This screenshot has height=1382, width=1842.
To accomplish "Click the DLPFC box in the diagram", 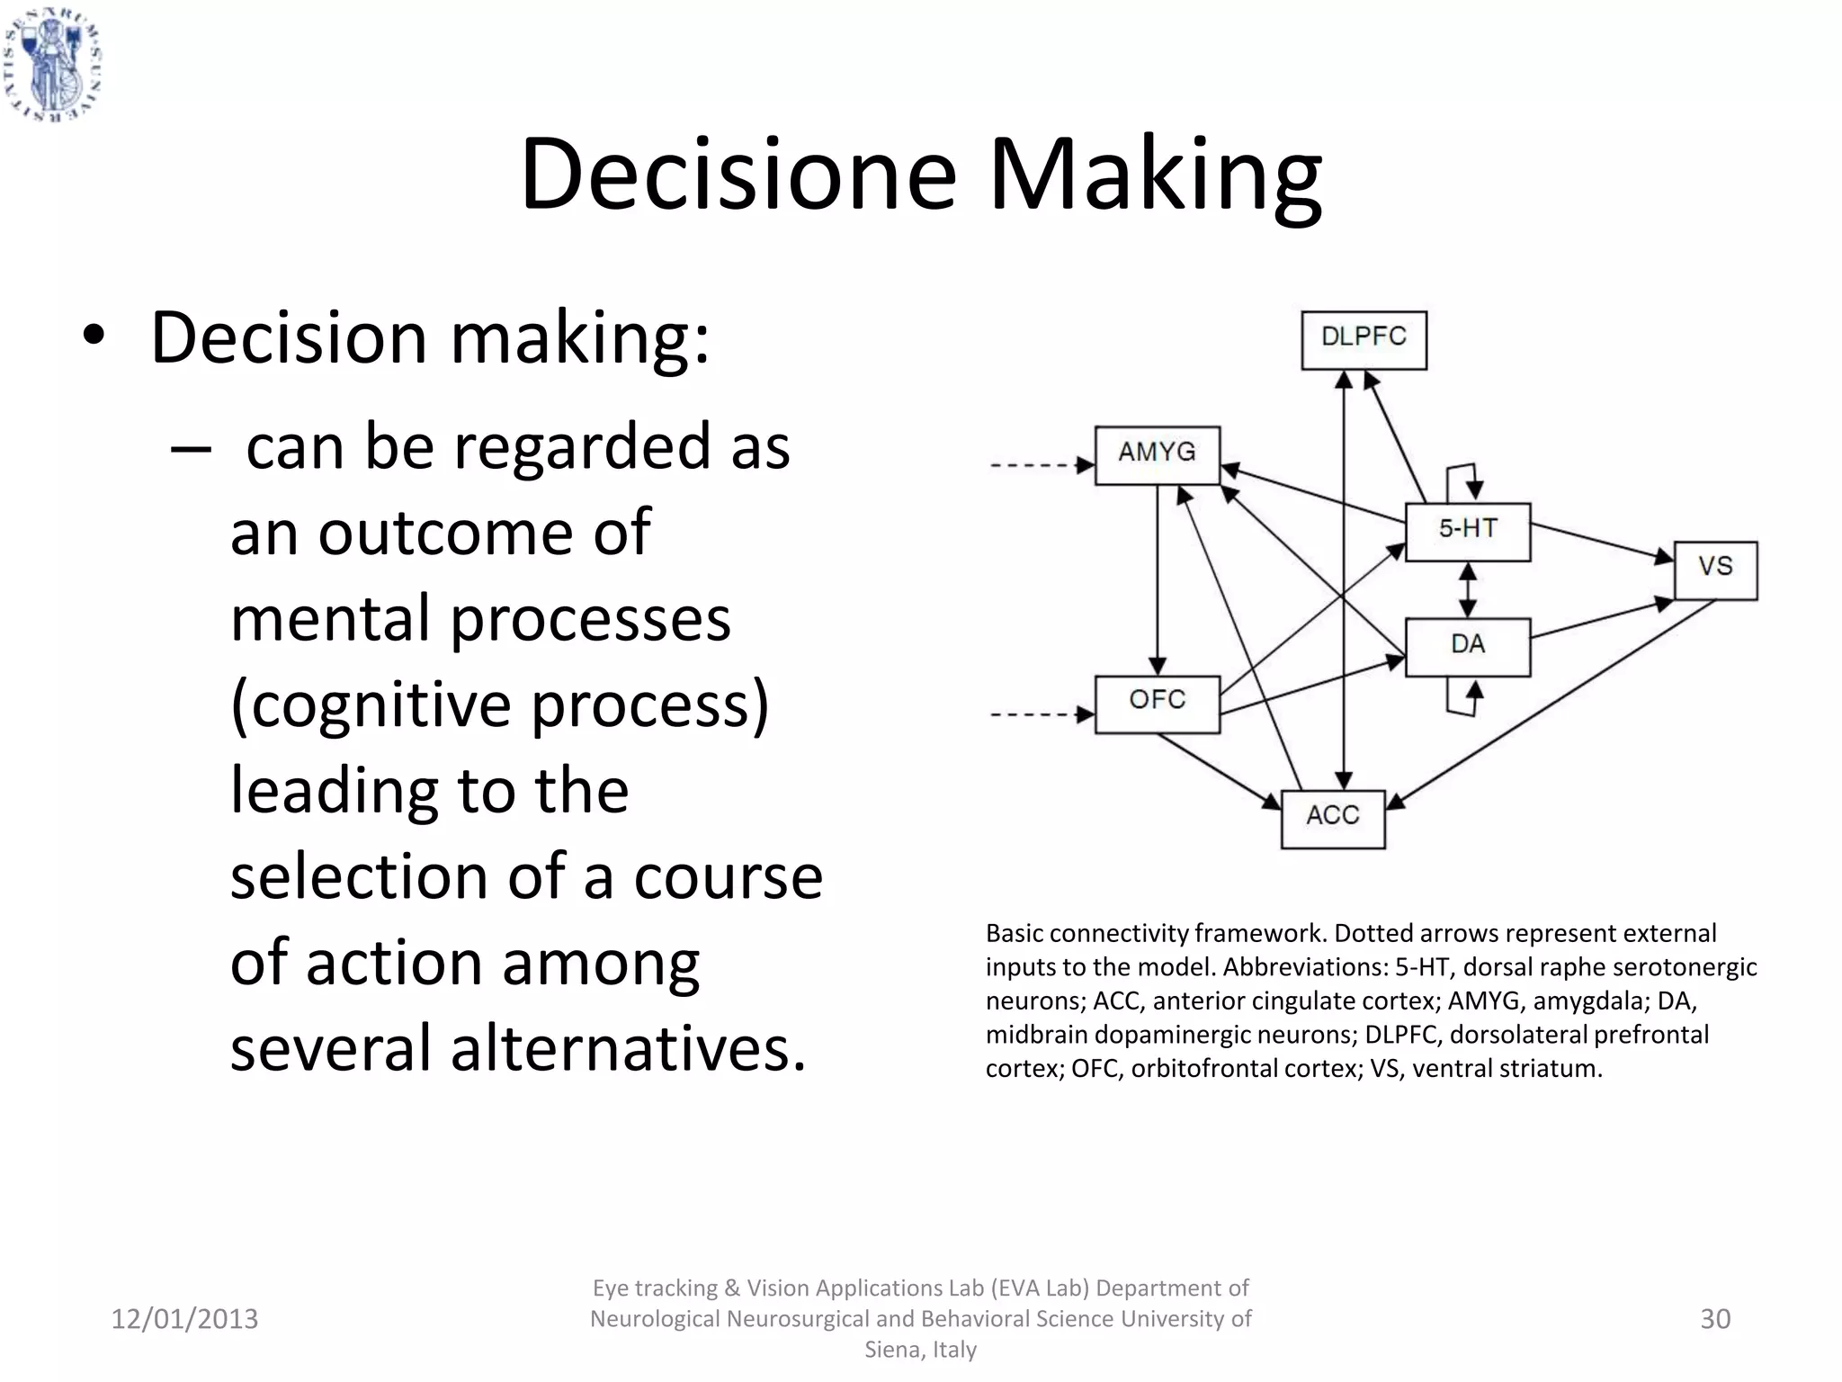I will click(x=1364, y=339).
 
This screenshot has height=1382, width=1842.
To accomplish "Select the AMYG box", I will click(x=1157, y=454).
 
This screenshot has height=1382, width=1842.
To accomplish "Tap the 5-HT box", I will click(x=1467, y=531).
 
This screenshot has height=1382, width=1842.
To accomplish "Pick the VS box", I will click(x=1714, y=570).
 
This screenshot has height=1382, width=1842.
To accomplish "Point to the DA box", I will click(x=1467, y=646).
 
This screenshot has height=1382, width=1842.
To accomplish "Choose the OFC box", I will click(x=1157, y=704).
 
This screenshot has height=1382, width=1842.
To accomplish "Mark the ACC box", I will click(x=1332, y=818).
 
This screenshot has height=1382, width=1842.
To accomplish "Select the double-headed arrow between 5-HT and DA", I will click(x=1468, y=589).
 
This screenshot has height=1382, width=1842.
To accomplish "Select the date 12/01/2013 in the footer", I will click(x=184, y=1319).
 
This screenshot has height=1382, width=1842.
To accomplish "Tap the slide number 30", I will click(x=1715, y=1319).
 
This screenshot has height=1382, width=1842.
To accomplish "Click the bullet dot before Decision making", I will click(x=94, y=337).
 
